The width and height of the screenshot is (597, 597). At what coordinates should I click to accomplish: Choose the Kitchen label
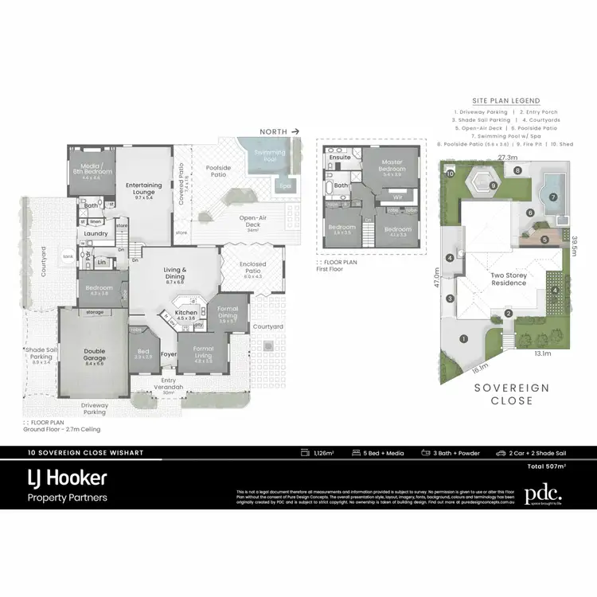(x=185, y=314)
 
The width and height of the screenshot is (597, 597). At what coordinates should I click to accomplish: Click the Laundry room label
(x=96, y=233)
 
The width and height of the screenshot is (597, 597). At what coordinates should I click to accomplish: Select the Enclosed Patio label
(x=248, y=267)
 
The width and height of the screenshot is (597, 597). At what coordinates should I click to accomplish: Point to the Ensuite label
(x=340, y=158)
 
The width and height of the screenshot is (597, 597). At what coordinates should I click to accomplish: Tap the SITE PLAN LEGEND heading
(x=505, y=101)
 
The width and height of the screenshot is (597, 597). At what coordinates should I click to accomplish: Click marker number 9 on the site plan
(x=494, y=185)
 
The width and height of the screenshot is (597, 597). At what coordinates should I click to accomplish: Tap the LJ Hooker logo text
(x=68, y=478)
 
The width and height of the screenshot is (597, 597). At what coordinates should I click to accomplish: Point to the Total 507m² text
(x=544, y=466)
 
